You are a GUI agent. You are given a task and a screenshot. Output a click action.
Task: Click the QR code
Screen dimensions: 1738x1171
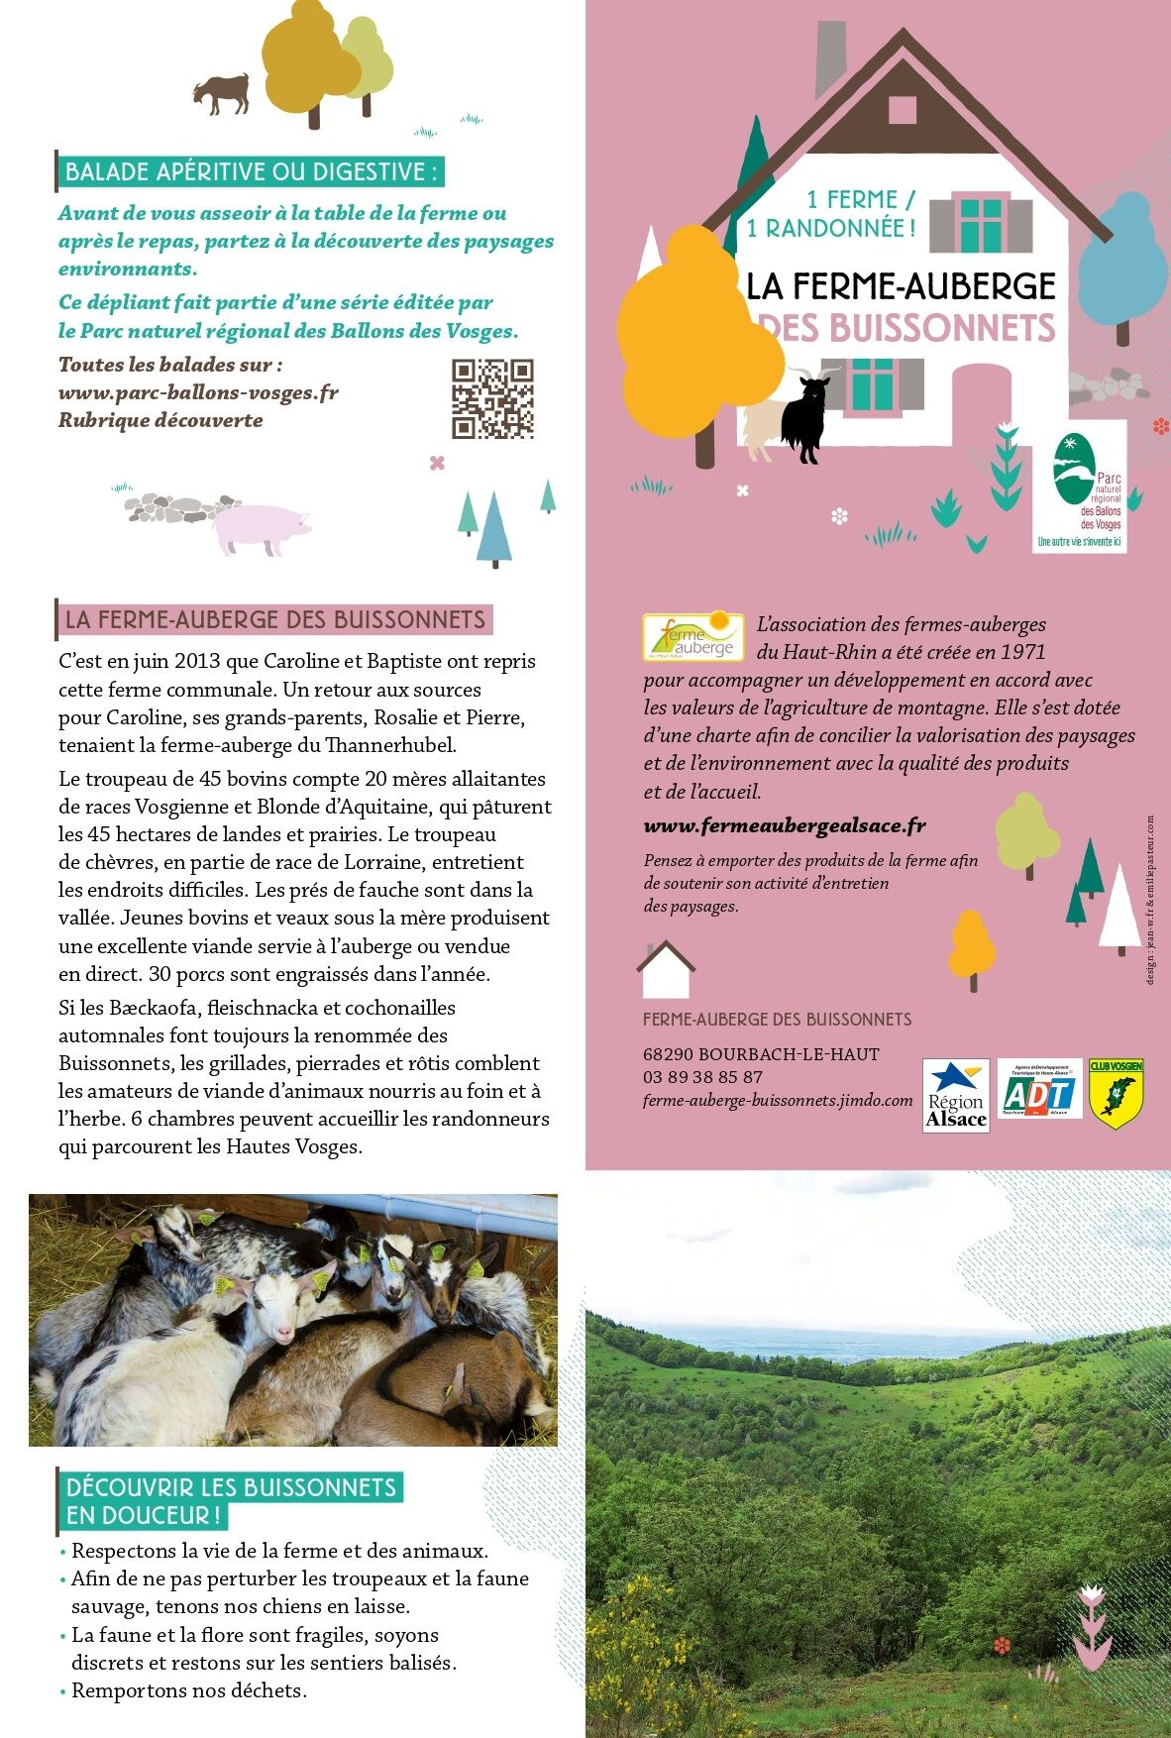492,398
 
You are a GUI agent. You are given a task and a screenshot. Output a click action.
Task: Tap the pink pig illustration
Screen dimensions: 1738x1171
262,527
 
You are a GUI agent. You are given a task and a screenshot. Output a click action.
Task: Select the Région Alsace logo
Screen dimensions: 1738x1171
955,1095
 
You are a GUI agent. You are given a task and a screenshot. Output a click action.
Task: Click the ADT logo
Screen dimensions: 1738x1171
1038,1093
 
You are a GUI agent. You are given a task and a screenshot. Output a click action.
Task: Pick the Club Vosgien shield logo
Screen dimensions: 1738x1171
1117,1093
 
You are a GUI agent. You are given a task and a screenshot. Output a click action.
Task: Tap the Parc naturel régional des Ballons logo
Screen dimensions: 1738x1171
1080,486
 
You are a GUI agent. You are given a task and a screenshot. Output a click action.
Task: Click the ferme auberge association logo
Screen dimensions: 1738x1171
692,636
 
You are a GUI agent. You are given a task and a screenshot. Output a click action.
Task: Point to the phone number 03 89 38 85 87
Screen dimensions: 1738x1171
702,1077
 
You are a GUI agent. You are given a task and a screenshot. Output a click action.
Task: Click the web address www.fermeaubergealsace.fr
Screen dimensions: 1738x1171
785,825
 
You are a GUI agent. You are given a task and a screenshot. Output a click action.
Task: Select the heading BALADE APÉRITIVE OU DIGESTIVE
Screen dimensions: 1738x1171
250,171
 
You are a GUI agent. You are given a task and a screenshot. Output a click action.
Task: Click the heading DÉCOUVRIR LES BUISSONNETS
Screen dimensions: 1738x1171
231,1487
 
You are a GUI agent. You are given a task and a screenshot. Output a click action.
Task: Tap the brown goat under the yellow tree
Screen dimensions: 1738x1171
221,93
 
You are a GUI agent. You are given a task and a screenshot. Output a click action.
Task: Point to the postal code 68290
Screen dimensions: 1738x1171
668,1054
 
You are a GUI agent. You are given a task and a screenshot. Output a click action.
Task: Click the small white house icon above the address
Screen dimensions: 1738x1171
666,970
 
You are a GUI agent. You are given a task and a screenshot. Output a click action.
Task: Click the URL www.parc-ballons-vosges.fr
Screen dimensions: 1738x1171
198,392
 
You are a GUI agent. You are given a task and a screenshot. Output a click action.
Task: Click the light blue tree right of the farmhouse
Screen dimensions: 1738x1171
1123,260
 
